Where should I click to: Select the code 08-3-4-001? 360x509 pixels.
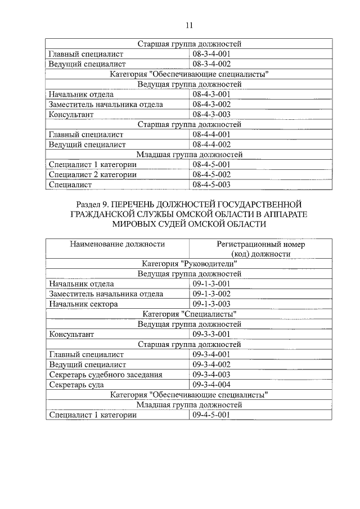[x=211, y=54]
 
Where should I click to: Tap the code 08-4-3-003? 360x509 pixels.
[x=211, y=114]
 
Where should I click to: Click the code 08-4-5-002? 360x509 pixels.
[x=211, y=174]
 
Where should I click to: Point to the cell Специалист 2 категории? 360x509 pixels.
[x=93, y=174]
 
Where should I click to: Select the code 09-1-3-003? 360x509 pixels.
[x=211, y=304]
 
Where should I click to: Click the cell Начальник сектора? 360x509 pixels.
[x=83, y=304]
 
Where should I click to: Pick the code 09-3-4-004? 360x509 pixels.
[x=211, y=384]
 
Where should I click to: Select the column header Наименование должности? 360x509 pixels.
[x=117, y=244]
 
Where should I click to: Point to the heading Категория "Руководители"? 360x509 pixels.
[x=189, y=264]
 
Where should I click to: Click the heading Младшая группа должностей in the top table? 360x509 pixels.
[x=189, y=154]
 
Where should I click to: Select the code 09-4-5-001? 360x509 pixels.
[x=211, y=415]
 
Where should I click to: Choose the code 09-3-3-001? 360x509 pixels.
[x=211, y=334]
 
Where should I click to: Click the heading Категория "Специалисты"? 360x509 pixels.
[x=189, y=314]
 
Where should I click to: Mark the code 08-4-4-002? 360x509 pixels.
[x=211, y=144]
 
